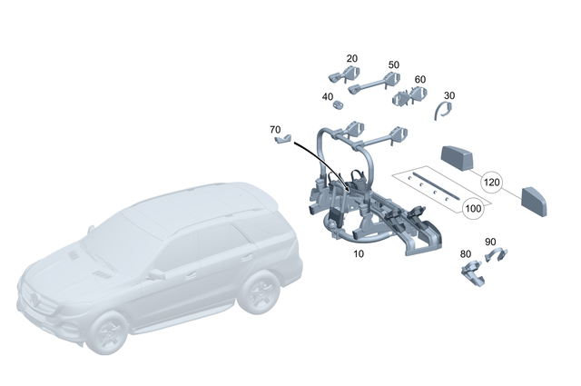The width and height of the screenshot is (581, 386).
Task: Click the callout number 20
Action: [352, 58]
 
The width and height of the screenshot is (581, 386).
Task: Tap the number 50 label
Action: [393, 64]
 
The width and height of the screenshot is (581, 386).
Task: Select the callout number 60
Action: [420, 80]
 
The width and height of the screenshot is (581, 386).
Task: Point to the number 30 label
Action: [449, 95]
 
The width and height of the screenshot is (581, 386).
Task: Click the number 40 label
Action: [327, 97]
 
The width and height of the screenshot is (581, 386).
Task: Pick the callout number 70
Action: [275, 130]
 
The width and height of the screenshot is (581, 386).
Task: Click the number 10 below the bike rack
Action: [359, 254]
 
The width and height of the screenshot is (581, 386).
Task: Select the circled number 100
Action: [472, 209]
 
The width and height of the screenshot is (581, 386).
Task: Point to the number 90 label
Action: [490, 242]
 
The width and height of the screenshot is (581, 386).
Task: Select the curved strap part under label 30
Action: [443, 111]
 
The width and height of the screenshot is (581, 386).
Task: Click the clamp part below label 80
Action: [472, 272]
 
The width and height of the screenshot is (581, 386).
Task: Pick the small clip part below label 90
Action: [497, 257]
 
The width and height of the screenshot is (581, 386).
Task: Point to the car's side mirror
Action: [156, 273]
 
